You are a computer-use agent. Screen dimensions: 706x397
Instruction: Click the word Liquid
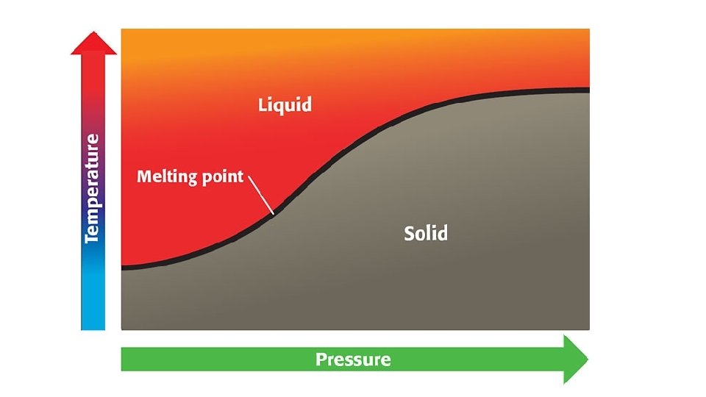pyautogui.click(x=285, y=105)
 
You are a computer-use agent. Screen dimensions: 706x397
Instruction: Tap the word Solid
pyautogui.click(x=426, y=234)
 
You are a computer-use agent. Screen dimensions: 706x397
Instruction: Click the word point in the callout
pyautogui.click(x=221, y=178)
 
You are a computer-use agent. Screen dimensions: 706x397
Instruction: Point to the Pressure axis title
pyautogui.click(x=353, y=360)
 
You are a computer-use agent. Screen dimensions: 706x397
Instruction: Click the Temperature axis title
pyautogui.click(x=92, y=188)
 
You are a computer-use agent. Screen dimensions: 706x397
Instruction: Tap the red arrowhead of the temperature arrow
pyautogui.click(x=93, y=43)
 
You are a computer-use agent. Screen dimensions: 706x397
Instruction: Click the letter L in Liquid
pyautogui.click(x=263, y=104)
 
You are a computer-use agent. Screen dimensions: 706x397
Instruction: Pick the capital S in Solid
pyautogui.click(x=410, y=234)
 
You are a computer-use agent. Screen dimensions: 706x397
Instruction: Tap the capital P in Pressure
pyautogui.click(x=321, y=360)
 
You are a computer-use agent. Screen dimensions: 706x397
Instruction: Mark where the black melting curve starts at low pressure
pyautogui.click(x=123, y=268)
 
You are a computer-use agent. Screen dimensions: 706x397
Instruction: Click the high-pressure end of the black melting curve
pyautogui.click(x=588, y=90)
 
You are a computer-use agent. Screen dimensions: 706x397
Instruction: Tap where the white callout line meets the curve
pyautogui.click(x=273, y=213)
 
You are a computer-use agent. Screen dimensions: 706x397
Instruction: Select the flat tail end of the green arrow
pyautogui.click(x=124, y=360)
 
